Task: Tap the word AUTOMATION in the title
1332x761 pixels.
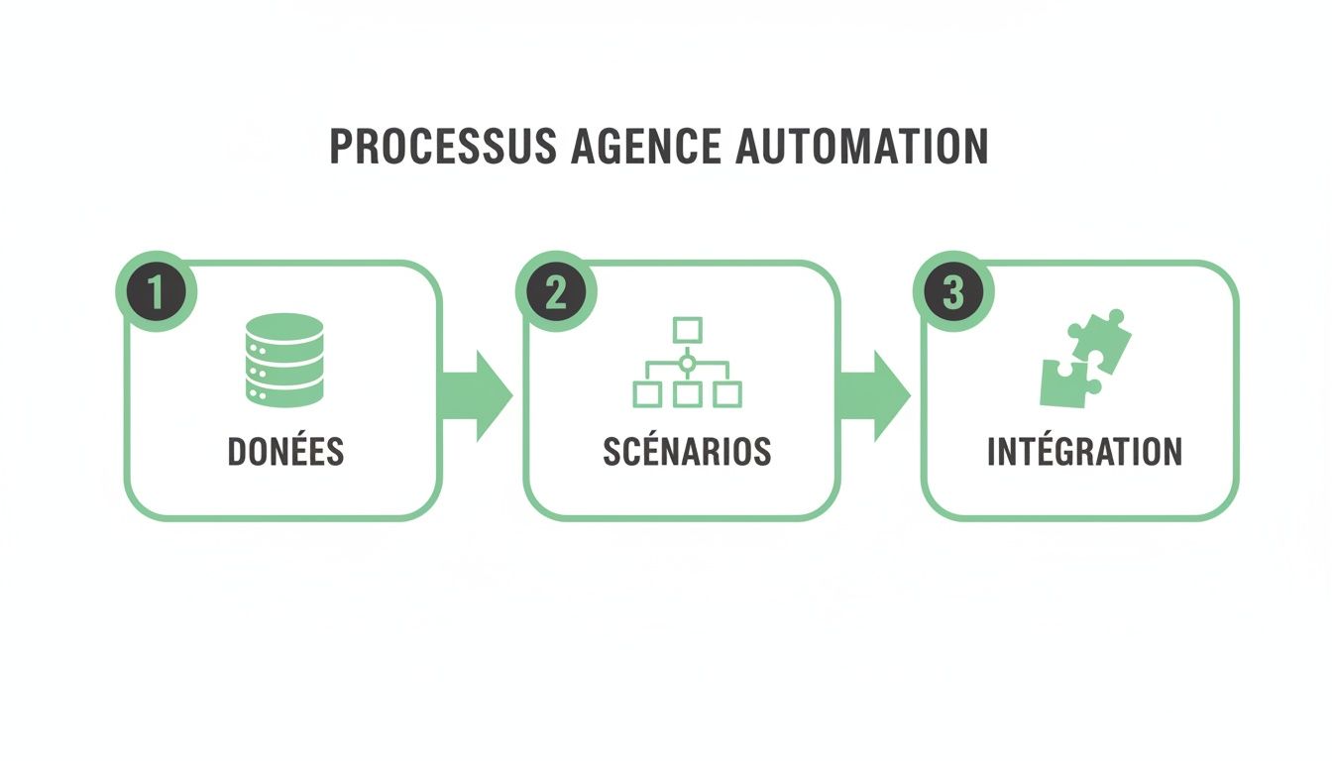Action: point(862,147)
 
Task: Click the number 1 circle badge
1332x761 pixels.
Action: point(157,293)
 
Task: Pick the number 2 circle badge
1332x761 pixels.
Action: point(555,293)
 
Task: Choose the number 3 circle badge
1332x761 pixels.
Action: point(952,293)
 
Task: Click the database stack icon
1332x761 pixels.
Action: point(283,360)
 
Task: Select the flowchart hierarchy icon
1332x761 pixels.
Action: point(687,363)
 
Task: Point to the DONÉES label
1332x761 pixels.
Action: point(285,452)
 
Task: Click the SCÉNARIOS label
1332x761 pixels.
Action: point(687,452)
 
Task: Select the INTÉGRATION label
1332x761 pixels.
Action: point(1084,452)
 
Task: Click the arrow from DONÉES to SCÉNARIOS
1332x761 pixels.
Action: point(478,395)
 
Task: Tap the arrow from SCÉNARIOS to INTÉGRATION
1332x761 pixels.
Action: point(876,395)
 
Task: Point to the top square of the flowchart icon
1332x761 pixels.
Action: point(687,329)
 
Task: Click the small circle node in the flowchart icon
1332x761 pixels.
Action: point(687,364)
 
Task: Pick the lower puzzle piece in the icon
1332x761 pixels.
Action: point(1064,382)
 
